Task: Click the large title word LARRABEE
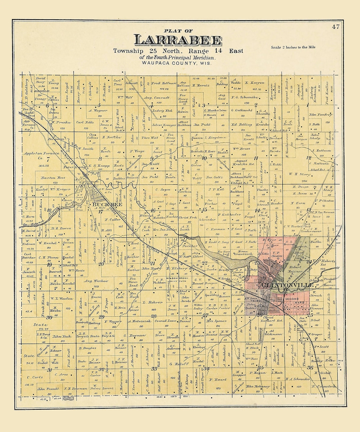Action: pos(178,40)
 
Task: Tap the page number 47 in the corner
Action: pos(335,27)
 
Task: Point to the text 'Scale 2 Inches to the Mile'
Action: pos(293,47)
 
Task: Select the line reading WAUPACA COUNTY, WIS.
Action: pos(176,63)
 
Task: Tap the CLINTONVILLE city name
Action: pos(288,285)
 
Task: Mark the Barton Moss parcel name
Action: pos(53,178)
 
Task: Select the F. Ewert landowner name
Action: pos(217,380)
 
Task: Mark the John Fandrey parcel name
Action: pos(320,115)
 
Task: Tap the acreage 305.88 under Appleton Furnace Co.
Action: pos(44,165)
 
